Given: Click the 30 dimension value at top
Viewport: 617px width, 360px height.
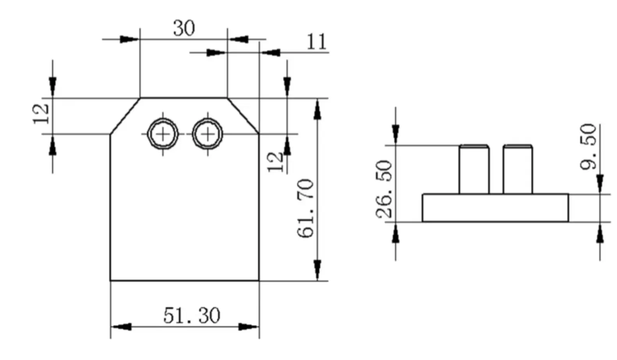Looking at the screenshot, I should coord(184,28).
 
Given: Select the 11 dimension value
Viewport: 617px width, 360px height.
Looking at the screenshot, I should coord(316,42).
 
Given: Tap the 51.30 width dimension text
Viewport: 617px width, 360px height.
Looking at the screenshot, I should coord(192,315).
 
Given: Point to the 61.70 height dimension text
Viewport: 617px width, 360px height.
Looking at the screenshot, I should coord(306,209).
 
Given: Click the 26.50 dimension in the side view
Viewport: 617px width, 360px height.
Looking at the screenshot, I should coord(384,189).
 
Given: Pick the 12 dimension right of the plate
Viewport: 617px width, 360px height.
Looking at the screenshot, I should coord(276,162).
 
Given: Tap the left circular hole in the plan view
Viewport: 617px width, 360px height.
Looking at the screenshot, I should coord(163,134).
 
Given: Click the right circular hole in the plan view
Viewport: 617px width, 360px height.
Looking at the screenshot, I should coord(208,134).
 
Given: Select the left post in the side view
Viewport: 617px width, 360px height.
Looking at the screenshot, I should coord(474,170).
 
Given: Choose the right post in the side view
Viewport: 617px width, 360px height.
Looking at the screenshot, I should coord(518,170).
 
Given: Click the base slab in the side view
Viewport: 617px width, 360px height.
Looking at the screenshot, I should coord(495,208).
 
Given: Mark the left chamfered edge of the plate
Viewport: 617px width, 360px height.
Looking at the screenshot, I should coord(125,116).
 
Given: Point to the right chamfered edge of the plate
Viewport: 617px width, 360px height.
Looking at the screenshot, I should coord(243,115).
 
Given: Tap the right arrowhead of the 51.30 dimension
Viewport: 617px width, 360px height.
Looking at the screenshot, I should coord(249,326).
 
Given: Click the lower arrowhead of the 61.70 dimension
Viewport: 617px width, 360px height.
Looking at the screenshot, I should coord(317,270).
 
